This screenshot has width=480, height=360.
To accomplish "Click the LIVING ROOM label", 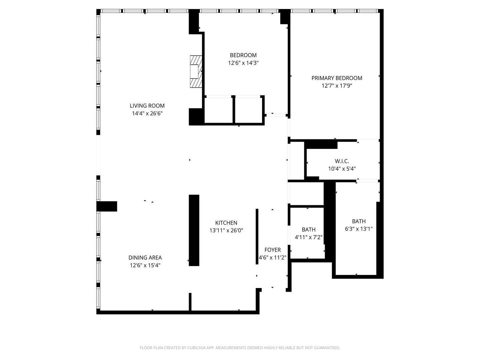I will (x=147, y=106).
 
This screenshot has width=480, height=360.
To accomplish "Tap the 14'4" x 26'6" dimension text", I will (x=147, y=113).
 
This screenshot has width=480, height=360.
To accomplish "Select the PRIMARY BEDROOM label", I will (x=337, y=78).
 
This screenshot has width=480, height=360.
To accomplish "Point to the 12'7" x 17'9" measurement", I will (x=337, y=86).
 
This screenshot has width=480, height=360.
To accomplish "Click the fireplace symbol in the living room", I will (x=196, y=71).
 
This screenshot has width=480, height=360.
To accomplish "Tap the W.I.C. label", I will (x=342, y=161).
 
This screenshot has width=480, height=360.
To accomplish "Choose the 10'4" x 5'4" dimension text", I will (x=342, y=169).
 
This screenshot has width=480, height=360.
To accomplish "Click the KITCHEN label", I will (x=226, y=223).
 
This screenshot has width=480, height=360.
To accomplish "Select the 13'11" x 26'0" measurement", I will (x=226, y=230).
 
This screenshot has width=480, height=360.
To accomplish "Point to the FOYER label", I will (x=272, y=250).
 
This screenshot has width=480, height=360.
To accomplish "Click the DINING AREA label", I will (x=145, y=258).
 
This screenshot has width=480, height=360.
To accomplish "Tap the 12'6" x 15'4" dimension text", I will (x=145, y=265).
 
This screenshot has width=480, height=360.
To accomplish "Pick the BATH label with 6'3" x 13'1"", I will (x=359, y=221).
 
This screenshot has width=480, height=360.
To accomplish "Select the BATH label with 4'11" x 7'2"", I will (x=308, y=229).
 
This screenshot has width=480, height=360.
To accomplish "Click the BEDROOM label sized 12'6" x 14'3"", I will (x=243, y=55).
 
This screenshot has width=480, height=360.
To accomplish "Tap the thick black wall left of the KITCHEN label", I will (x=194, y=230).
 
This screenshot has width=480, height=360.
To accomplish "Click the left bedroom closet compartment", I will (x=218, y=110).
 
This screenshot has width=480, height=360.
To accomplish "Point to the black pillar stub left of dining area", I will (x=107, y=206).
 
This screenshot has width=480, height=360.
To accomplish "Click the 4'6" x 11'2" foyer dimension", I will (x=272, y=257).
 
